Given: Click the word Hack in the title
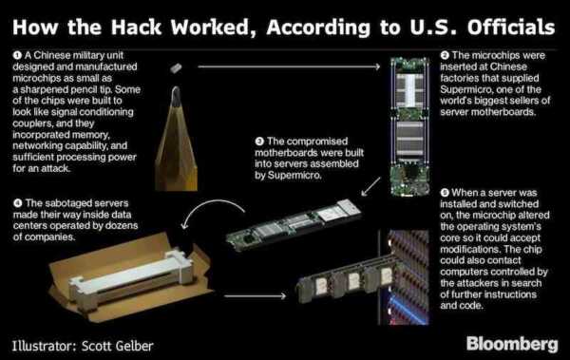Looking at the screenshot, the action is coord(136,28).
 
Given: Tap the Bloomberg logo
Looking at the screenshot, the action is coord(512,344).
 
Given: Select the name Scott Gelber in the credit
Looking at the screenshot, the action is coord(117,346).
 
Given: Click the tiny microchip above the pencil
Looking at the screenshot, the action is coord(176,67).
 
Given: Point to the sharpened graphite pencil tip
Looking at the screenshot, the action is coord(176,95).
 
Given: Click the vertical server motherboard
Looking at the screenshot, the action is coord(409,126).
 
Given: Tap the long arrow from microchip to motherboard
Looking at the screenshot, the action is coord(289,66).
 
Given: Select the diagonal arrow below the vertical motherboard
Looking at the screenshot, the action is coord(370,186).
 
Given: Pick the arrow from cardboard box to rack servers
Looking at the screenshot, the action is coord(256,296).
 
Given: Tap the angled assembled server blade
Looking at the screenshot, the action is coord(294,224).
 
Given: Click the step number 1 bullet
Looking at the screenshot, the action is coord(17,55).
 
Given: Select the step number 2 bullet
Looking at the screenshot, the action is coord(445,55).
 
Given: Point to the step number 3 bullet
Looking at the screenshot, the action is coord(259,142).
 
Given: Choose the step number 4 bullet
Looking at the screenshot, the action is coord(17,203).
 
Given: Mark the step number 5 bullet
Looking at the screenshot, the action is coord(445,193).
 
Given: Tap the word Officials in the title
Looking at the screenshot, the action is coord(511,28).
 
